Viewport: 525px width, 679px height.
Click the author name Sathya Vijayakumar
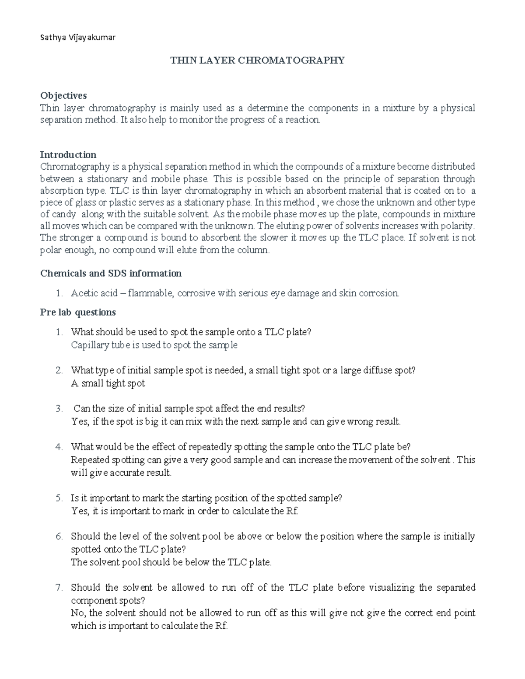[x=77, y=38]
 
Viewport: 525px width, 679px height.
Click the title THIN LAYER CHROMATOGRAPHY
[x=257, y=60]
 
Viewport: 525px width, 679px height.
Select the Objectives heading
[x=63, y=95]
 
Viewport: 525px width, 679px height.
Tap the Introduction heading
[x=68, y=155]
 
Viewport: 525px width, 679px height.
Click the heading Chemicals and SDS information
[x=111, y=273]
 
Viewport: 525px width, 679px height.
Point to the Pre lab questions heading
[x=78, y=312]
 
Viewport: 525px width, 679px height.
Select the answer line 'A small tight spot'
[x=108, y=383]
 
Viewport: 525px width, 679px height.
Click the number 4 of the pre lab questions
[x=59, y=447]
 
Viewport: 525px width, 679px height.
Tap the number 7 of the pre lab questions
[x=59, y=587]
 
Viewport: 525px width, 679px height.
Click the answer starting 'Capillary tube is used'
[x=154, y=345]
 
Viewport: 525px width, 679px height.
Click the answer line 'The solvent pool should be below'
[x=171, y=562]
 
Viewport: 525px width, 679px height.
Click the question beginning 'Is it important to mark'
[x=206, y=498]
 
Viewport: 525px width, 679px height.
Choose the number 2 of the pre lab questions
[x=59, y=370]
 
